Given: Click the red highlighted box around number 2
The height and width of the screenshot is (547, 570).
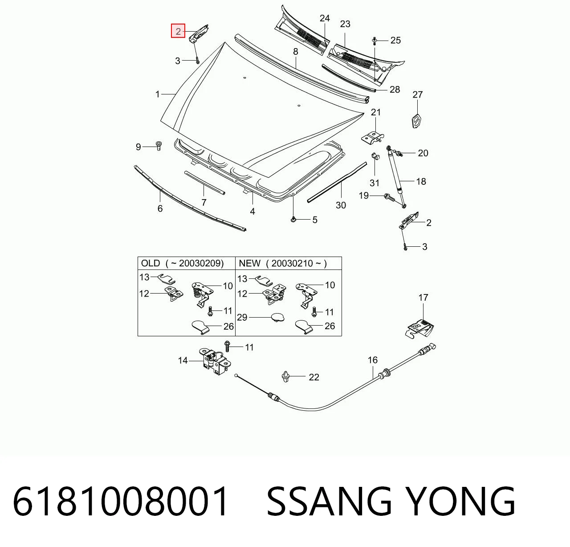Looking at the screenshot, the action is coord(178,31).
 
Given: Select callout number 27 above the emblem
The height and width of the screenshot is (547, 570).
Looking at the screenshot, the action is coord(417,94).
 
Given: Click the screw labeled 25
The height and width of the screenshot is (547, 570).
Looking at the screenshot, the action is coord(374,41).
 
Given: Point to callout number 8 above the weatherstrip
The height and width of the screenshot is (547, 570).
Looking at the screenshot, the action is coord(296,52).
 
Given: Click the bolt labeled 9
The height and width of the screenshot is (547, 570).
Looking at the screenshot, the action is coord(159,146).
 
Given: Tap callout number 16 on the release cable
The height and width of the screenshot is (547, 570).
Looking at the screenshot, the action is coord(373,360).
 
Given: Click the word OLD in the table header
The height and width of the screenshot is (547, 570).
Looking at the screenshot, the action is coord(151,263).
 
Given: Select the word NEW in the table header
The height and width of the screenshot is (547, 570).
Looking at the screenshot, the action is coord(249,263).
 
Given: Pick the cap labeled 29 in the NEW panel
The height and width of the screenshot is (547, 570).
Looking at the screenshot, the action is coord(277,318).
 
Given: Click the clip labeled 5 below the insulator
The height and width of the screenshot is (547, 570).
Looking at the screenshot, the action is coord(293,219).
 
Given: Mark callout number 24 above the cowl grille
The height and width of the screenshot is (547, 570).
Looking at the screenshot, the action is coord(325,18).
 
